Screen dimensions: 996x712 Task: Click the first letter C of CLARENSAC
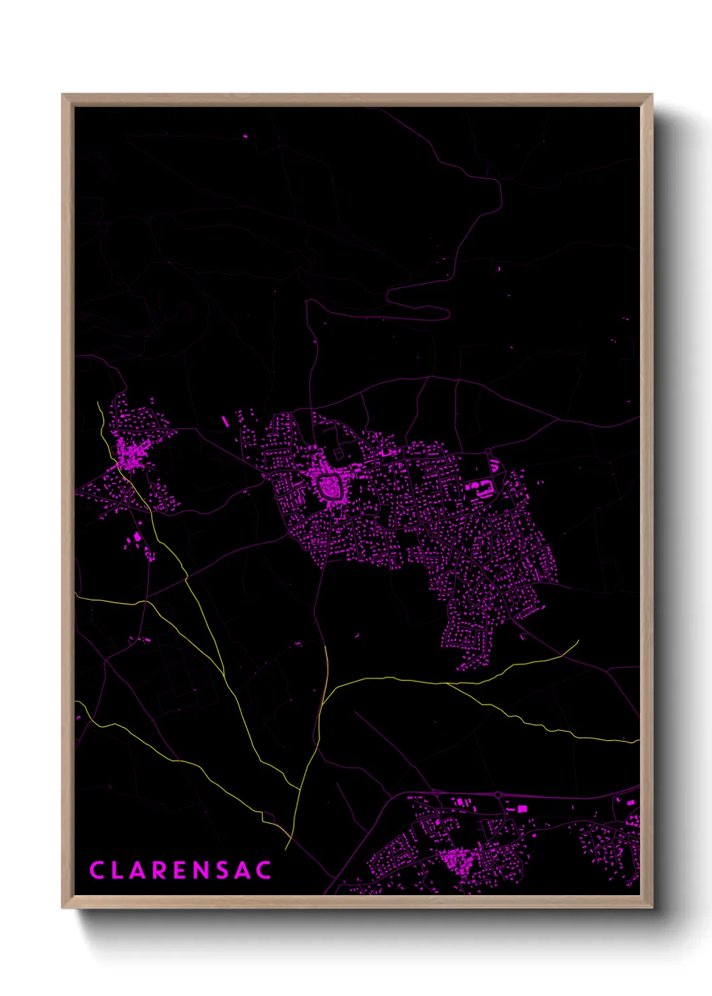tap(98, 870)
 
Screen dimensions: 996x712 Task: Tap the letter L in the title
tap(121, 870)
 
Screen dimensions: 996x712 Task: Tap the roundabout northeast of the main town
tap(488, 451)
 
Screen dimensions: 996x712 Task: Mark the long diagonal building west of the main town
tap(225, 422)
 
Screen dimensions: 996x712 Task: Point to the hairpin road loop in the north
tap(441, 312)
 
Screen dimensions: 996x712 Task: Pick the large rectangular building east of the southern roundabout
tap(522, 808)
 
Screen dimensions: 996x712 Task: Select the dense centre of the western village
tap(129, 454)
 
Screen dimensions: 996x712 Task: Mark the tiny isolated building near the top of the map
tap(245, 137)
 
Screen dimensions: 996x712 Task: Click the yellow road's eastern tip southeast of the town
tap(577, 641)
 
